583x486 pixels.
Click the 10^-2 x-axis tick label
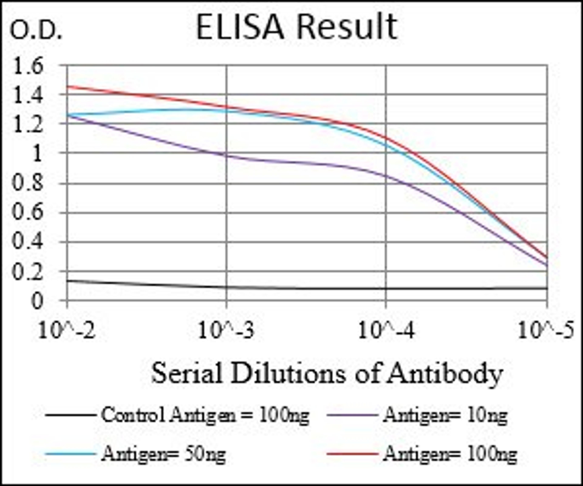click(x=67, y=331)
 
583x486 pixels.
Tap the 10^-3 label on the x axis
click(x=226, y=331)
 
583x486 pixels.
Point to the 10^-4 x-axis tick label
click(x=386, y=331)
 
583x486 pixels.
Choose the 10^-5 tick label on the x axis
click(x=545, y=331)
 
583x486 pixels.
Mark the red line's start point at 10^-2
click(x=67, y=86)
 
